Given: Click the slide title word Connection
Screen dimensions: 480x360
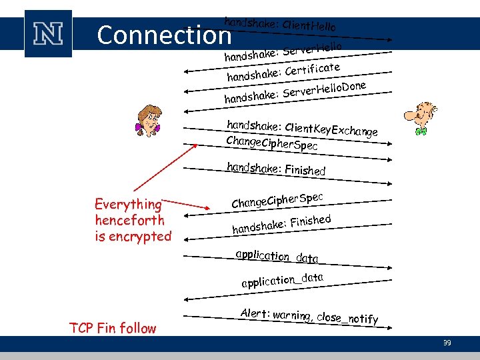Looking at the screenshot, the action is pyautogui.click(x=163, y=35).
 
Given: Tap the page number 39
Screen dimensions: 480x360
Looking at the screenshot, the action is pyautogui.click(x=447, y=343).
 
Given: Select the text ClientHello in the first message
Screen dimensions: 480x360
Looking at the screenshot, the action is pyautogui.click(x=309, y=26).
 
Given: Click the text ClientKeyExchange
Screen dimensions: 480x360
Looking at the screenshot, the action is pyautogui.click(x=331, y=130).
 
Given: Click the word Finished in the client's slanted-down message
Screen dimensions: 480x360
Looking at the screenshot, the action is pyautogui.click(x=305, y=170).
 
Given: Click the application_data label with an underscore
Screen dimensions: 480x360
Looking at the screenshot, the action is pyautogui.click(x=283, y=279).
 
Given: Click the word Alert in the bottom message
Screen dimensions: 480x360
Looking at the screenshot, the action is pyautogui.click(x=255, y=313).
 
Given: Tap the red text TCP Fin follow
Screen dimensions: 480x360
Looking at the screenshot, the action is pyautogui.click(x=113, y=328).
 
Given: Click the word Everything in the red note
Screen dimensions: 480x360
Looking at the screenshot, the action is pyautogui.click(x=128, y=205).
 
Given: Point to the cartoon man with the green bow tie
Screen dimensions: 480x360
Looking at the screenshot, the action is pyautogui.click(x=420, y=119).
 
